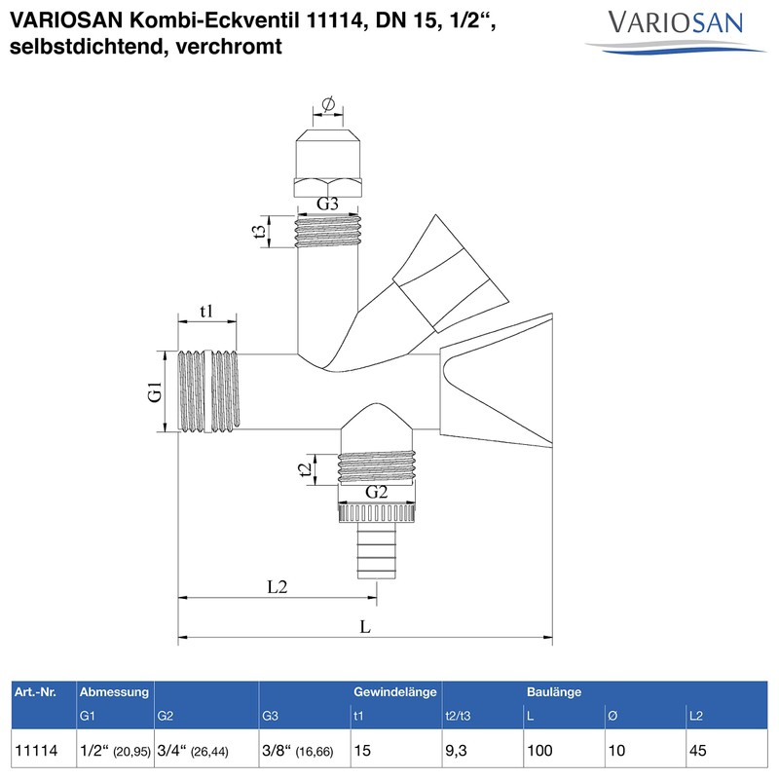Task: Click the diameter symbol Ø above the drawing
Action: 327,105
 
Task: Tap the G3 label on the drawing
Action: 327,204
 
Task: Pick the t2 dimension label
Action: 308,469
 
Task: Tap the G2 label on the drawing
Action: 377,492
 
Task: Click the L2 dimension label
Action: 278,587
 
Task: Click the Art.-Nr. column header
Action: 36,692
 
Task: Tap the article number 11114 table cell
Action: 37,751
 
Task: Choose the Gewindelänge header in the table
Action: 393,692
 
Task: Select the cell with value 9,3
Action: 460,751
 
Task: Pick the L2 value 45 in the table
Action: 697,751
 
